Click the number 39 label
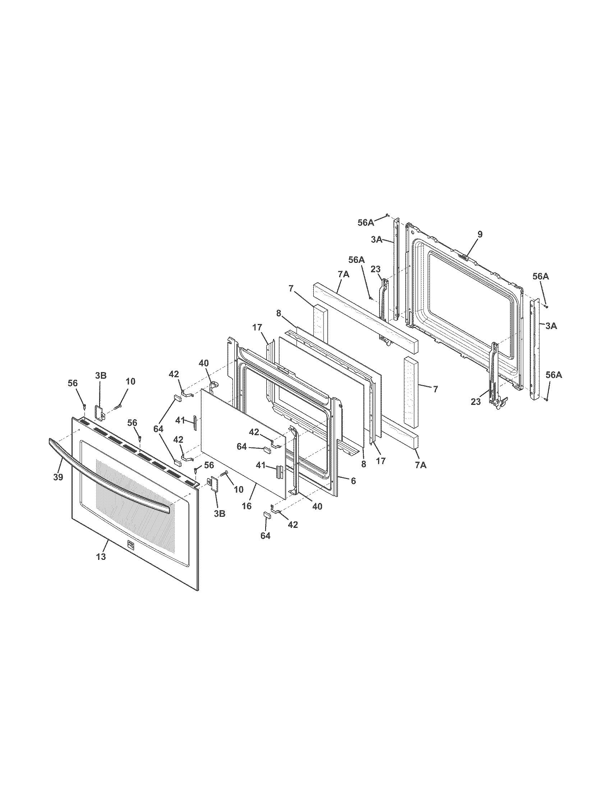coord(58,477)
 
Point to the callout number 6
coord(353,481)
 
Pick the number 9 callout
coord(479,234)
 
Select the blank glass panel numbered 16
coord(243,442)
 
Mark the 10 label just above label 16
coord(239,490)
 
